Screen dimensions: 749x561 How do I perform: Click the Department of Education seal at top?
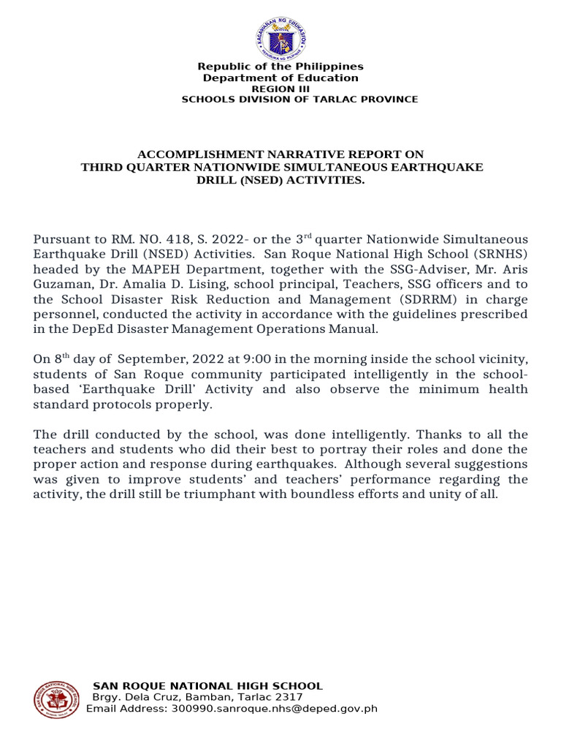[x=281, y=39]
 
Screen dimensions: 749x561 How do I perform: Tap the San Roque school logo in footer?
[x=57, y=699]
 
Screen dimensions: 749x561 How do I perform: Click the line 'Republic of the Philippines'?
[x=281, y=67]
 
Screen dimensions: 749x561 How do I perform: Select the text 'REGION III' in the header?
[x=281, y=89]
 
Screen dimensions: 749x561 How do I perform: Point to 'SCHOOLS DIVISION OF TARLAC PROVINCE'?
[x=299, y=99]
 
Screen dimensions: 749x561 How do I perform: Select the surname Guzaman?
[x=61, y=284]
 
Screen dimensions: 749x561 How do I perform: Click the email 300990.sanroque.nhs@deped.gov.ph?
[x=274, y=709]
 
